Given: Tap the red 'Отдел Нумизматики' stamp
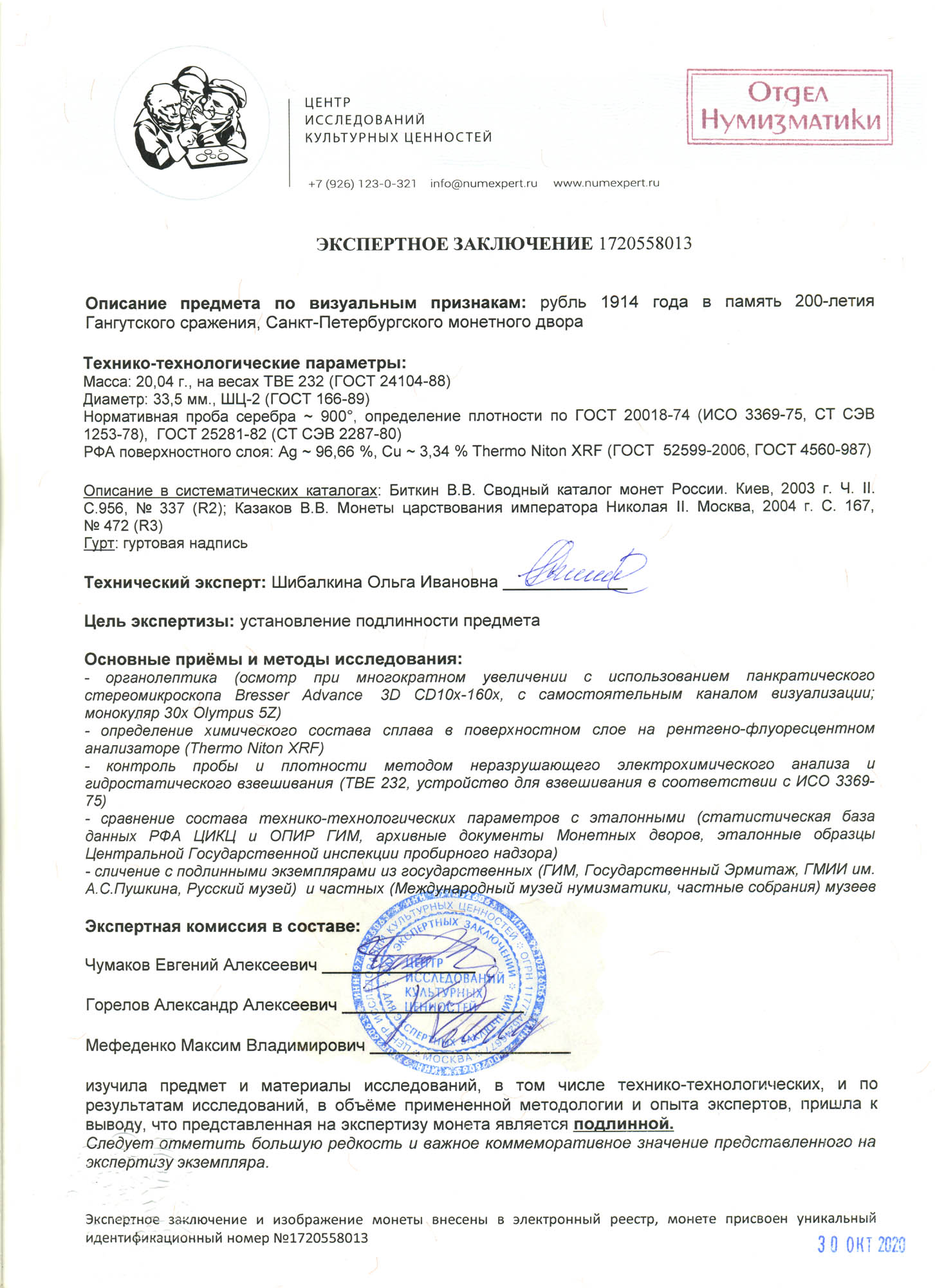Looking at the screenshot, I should [x=790, y=107].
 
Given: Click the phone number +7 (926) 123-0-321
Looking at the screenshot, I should [x=362, y=184].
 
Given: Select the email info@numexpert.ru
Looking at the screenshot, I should [x=483, y=184].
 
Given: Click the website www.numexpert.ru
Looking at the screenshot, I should [x=606, y=184].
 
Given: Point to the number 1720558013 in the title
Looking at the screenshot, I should [x=645, y=243].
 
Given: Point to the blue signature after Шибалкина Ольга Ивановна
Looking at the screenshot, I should [x=582, y=569].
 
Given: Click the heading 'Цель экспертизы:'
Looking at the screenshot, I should [x=159, y=621].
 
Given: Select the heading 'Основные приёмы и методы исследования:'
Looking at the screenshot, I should [x=273, y=659].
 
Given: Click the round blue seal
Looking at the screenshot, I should [x=449, y=987].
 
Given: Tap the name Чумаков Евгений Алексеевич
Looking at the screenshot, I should [x=201, y=965].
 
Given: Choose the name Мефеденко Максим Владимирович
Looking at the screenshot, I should [x=225, y=1045].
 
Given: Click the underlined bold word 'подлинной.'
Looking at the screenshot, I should [x=623, y=1125].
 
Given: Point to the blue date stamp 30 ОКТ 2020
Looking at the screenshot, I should [x=861, y=1245].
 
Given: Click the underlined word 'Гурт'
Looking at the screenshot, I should [x=98, y=543].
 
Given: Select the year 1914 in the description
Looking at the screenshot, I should [x=620, y=302].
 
